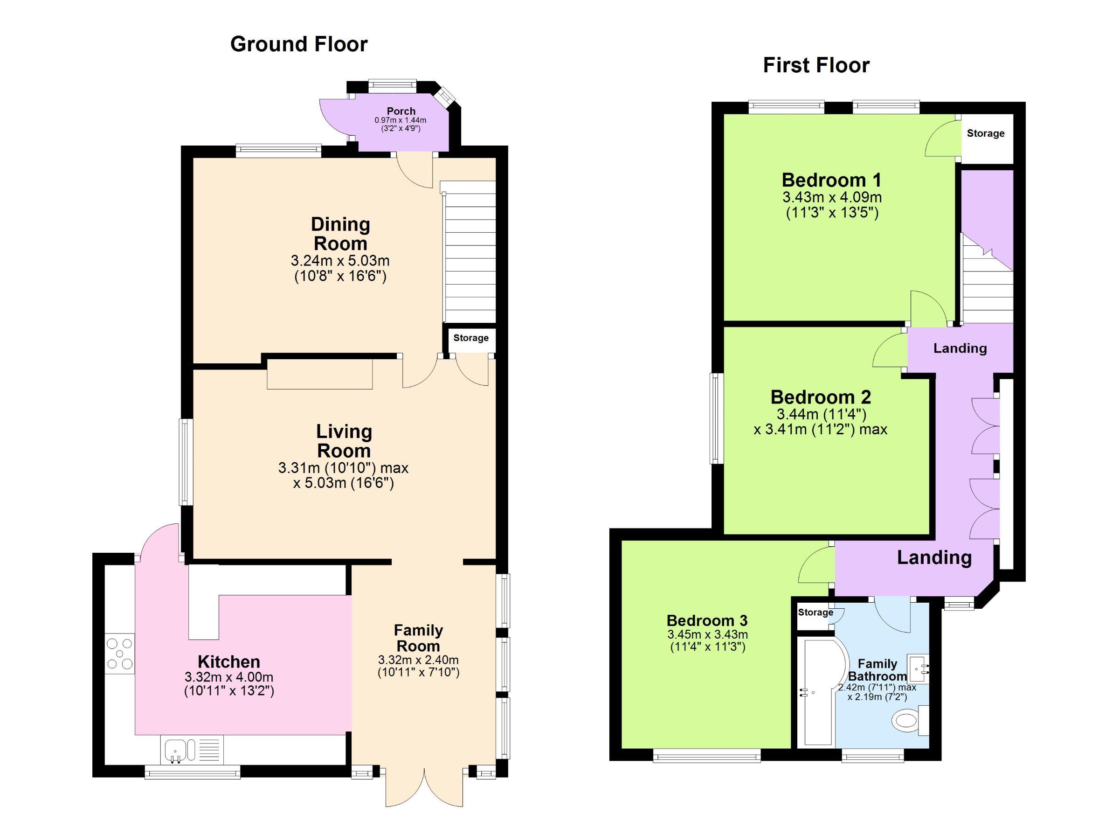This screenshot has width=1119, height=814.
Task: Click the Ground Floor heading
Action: point(298,44)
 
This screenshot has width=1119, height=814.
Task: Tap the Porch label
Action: point(401,111)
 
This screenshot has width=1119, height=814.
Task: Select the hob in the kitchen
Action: point(119,654)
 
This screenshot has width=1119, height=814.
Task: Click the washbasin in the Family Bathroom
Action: point(918,668)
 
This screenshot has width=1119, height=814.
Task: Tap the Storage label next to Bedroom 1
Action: point(985,133)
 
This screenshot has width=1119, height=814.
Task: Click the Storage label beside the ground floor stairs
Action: point(471,338)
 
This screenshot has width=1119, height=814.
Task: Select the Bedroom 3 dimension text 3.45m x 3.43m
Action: point(707,634)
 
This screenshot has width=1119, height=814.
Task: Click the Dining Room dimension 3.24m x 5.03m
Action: point(340,260)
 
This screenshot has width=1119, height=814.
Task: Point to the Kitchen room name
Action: point(228,661)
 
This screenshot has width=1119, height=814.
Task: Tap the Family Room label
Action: point(418,638)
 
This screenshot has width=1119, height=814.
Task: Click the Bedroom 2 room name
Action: point(821,397)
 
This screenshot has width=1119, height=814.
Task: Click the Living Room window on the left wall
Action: point(186,462)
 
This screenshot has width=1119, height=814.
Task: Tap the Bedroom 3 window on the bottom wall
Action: point(706,755)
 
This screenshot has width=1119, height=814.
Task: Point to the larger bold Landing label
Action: point(934,557)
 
